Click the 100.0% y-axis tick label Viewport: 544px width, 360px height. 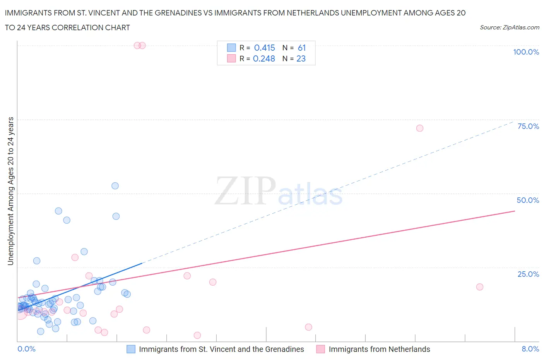[526, 52]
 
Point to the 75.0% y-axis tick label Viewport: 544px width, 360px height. [528, 126]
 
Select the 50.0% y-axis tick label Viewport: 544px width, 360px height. [528, 200]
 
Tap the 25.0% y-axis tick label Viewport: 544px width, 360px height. [528, 274]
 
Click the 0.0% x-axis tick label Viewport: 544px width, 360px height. [26, 349]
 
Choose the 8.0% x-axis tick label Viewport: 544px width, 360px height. [530, 349]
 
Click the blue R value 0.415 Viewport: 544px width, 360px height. [264, 48]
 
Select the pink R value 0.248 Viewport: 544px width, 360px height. [264, 58]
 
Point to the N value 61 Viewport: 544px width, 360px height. [302, 48]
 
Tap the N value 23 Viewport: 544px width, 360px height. [301, 58]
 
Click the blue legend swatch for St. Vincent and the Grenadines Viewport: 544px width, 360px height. [131, 349]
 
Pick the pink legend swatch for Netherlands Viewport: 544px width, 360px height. [320, 349]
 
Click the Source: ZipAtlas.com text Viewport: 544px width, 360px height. [509, 27]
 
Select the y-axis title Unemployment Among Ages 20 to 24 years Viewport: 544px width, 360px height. [10, 191]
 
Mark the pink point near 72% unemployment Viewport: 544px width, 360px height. [420, 128]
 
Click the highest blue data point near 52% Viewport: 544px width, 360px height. [115, 186]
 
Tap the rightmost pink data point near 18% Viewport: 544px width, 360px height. [480, 287]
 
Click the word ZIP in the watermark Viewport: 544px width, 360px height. [245, 191]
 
